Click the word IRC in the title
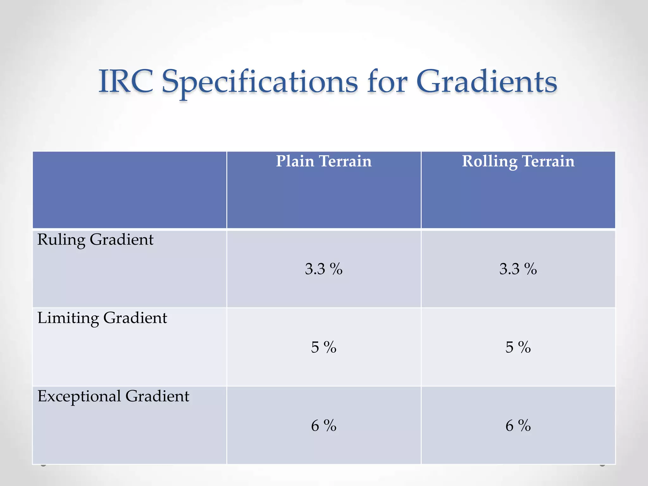[126, 82]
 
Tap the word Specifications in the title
[259, 83]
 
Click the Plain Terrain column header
[324, 161]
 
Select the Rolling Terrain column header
[518, 161]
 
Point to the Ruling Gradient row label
[95, 240]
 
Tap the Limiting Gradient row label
[102, 318]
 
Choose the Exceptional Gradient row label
[113, 396]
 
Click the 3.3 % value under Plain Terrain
[324, 269]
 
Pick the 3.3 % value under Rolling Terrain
[518, 269]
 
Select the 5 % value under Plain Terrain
[324, 347]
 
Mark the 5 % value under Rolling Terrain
[518, 347]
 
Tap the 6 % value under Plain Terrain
[324, 426]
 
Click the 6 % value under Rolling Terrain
[518, 426]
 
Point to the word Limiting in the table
[68, 318]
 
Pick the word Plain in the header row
[295, 161]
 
